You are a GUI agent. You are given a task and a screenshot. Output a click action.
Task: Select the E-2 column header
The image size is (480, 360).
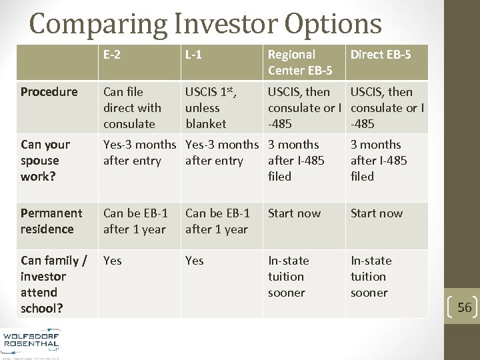tap(112, 55)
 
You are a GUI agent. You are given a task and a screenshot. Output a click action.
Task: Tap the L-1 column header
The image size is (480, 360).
tap(194, 55)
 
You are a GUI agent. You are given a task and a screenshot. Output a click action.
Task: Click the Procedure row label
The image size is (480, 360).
tap(49, 92)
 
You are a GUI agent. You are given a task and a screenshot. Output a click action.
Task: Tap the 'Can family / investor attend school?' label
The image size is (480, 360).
tap(53, 284)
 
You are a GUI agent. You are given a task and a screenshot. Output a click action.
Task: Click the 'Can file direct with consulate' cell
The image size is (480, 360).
tap(132, 107)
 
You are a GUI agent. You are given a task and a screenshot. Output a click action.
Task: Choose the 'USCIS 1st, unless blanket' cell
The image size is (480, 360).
tap(213, 107)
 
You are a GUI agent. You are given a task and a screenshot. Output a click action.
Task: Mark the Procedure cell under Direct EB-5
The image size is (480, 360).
tap(387, 107)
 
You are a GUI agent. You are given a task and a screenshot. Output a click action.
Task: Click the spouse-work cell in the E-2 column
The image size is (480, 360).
tap(139, 153)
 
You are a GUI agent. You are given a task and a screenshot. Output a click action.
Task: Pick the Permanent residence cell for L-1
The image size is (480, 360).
tap(217, 221)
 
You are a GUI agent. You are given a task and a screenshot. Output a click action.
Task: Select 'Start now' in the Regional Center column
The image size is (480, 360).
tap(294, 213)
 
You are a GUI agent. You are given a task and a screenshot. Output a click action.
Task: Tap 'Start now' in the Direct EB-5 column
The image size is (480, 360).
tap(377, 213)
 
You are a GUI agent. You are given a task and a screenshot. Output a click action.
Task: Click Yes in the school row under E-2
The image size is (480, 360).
tap(113, 261)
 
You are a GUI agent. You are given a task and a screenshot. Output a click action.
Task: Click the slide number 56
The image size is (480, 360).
tap(465, 307)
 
